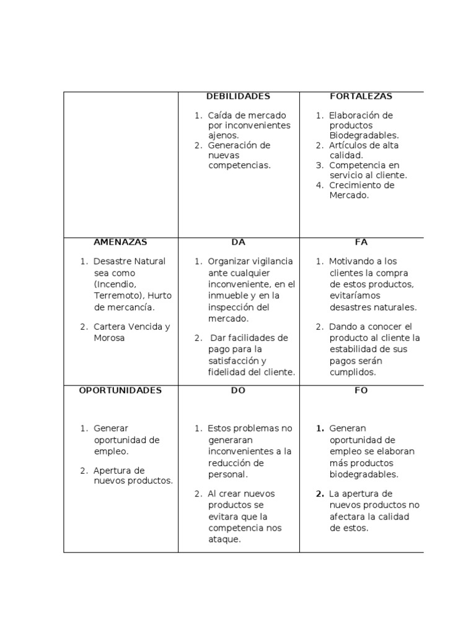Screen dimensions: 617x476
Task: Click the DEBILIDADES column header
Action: tap(238, 96)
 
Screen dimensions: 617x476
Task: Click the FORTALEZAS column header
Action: tap(361, 96)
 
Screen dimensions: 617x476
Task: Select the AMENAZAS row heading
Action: tap(120, 242)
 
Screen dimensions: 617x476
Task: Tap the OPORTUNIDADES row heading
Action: tap(120, 390)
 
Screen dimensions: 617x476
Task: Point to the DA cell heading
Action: tap(238, 242)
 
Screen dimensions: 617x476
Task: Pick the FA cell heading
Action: tap(361, 242)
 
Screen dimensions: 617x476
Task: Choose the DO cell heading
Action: tap(238, 390)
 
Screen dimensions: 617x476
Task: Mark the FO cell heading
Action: tap(361, 390)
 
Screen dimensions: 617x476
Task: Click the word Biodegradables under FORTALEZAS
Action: tap(364, 135)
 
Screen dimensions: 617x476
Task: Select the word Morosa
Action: tap(109, 338)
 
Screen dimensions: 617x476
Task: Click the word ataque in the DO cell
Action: tap(224, 539)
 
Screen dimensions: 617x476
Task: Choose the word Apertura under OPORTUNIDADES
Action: tap(119, 471)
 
